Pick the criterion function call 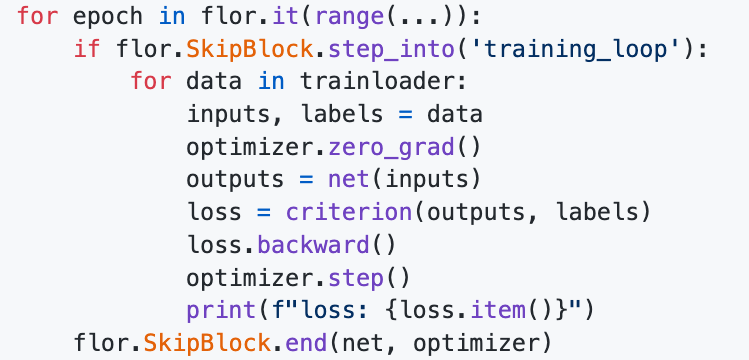(348, 213)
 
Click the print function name (215, 311)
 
